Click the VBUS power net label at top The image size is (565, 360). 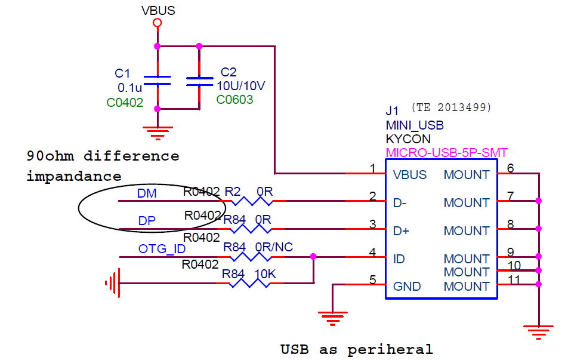pos(158,11)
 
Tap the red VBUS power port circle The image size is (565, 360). pos(157,23)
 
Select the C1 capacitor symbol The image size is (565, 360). pos(158,81)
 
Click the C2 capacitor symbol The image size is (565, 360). pos(199,82)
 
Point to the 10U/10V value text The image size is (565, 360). pos(240,86)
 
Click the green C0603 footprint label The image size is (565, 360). pos(234,100)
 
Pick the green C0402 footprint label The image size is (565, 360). pos(125,103)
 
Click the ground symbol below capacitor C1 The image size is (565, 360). pos(158,133)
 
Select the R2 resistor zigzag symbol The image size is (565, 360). pos(252,201)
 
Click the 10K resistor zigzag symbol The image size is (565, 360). pos(249,283)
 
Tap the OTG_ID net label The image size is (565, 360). pos(162,248)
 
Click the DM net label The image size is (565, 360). pos(147,193)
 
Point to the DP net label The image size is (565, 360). pos(147,221)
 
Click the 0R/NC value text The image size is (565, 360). pos(274,247)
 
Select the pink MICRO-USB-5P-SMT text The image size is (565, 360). pos(446,153)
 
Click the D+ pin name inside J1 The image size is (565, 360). pos(401,231)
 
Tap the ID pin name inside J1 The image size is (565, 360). pos(399,259)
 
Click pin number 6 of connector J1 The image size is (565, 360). pos(510,168)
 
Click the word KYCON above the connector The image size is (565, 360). pos(408,139)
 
